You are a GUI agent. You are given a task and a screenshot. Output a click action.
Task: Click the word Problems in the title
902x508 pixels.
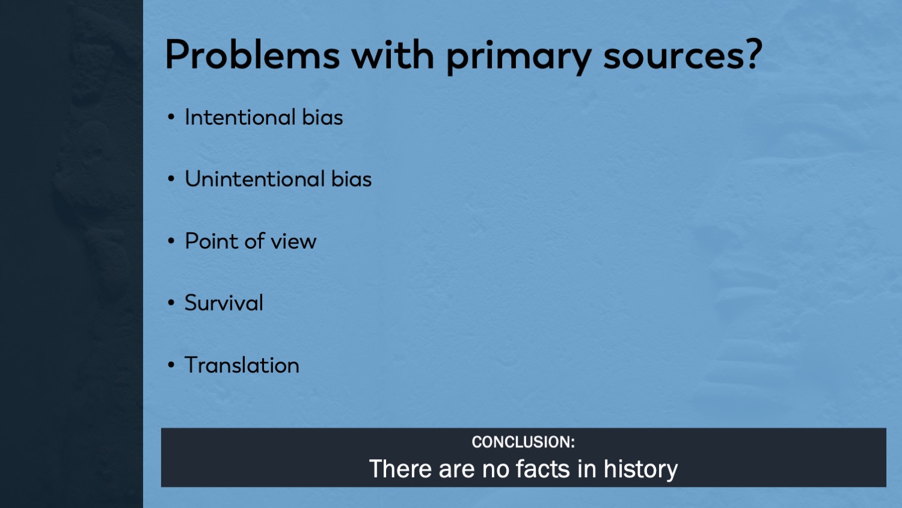click(253, 55)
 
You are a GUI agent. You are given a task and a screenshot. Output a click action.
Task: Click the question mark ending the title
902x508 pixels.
click(753, 54)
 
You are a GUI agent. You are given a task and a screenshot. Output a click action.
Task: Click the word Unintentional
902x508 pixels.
click(255, 179)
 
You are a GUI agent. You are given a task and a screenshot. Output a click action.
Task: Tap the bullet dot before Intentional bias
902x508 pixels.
click(171, 117)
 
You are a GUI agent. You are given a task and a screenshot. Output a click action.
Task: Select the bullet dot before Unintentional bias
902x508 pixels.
click(171, 179)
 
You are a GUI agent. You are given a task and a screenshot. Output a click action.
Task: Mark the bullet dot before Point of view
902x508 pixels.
click(171, 241)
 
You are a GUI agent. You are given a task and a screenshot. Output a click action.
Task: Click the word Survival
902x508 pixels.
click(224, 303)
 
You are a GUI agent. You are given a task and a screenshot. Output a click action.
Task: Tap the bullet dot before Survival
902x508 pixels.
click(171, 303)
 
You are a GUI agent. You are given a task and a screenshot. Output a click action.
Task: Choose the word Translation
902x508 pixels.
click(242, 365)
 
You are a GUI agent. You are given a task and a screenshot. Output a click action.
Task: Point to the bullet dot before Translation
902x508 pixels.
click(171, 365)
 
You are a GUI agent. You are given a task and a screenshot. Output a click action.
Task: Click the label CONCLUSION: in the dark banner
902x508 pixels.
click(524, 442)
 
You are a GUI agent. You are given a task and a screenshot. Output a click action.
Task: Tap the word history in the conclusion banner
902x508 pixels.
click(640, 469)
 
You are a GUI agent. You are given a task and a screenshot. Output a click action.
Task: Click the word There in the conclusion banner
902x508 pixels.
click(400, 469)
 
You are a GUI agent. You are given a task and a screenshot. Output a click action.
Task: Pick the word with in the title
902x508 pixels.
click(393, 55)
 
